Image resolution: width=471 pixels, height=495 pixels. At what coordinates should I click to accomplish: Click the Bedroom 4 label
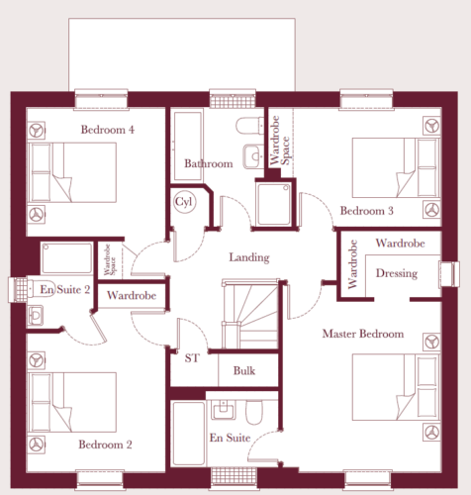point(108,130)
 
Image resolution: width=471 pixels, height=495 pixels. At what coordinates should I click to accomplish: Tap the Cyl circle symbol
point(184,202)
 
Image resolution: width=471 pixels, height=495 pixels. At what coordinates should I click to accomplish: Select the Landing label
point(249,257)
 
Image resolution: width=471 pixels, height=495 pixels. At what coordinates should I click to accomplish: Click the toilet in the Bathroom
point(249,126)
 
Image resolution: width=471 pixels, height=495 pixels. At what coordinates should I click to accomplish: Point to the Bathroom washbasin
point(253,156)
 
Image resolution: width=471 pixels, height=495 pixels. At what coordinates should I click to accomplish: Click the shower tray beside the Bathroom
point(274,205)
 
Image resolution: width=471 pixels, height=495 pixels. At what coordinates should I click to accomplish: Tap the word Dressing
point(397,273)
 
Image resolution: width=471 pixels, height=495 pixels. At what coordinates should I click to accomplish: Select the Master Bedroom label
point(363,334)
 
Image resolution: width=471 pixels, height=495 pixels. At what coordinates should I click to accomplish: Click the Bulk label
point(244,370)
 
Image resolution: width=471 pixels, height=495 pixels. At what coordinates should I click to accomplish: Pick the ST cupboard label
point(192,358)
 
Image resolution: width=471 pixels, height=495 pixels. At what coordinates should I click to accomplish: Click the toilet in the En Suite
point(254,412)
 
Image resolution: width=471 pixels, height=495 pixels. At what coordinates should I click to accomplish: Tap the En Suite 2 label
point(65,289)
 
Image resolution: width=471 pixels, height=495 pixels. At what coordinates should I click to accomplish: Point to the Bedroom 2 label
point(105,445)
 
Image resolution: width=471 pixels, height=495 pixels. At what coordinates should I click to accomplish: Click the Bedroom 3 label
point(367,211)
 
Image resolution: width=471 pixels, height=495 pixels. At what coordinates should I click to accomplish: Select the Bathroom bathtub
point(188,147)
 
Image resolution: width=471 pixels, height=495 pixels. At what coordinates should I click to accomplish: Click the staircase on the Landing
point(250,314)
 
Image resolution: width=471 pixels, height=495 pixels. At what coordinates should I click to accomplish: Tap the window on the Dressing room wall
point(449,274)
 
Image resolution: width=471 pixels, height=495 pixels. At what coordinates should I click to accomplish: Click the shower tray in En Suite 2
point(66,258)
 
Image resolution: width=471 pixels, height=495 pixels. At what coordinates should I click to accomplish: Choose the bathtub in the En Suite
point(188,434)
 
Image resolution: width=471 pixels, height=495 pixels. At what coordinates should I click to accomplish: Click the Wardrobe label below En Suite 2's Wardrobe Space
point(132,295)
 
